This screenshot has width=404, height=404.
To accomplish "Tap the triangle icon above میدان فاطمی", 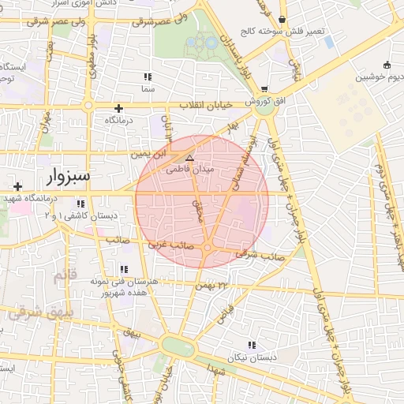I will point(189,158).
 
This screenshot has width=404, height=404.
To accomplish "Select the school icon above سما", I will point(147,77).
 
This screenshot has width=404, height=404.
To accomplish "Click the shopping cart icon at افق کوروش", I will point(264,88).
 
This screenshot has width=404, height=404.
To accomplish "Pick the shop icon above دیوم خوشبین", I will point(386,65).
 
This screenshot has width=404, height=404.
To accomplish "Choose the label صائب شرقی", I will point(260,255).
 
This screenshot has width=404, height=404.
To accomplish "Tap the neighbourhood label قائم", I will point(63,278).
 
